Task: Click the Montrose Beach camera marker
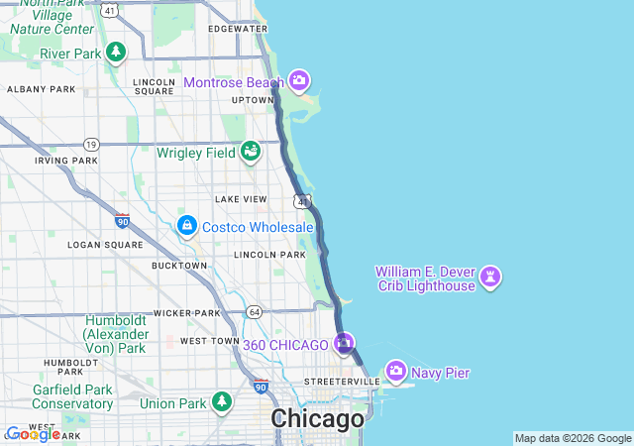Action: pyautogui.click(x=299, y=81)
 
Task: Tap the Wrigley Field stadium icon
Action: pyautogui.click(x=252, y=152)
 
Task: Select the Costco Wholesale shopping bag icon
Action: pyautogui.click(x=186, y=227)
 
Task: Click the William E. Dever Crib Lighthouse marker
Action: pyautogui.click(x=490, y=278)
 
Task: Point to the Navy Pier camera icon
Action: pyautogui.click(x=396, y=372)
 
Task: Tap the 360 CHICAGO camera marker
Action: pyautogui.click(x=344, y=344)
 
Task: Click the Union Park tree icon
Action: pyautogui.click(x=223, y=401)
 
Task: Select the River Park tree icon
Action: pyautogui.click(x=116, y=52)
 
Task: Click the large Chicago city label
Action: pyautogui.click(x=317, y=419)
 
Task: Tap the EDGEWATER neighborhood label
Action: pyautogui.click(x=238, y=29)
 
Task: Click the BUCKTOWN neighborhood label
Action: pyautogui.click(x=179, y=266)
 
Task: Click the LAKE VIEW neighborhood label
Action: pyautogui.click(x=241, y=199)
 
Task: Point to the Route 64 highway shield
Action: pyautogui.click(x=255, y=312)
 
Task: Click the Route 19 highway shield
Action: pyautogui.click(x=90, y=144)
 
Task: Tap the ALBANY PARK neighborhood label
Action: pyautogui.click(x=41, y=89)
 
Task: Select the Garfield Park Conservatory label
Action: pyautogui.click(x=72, y=396)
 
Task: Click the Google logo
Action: pyautogui.click(x=33, y=434)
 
